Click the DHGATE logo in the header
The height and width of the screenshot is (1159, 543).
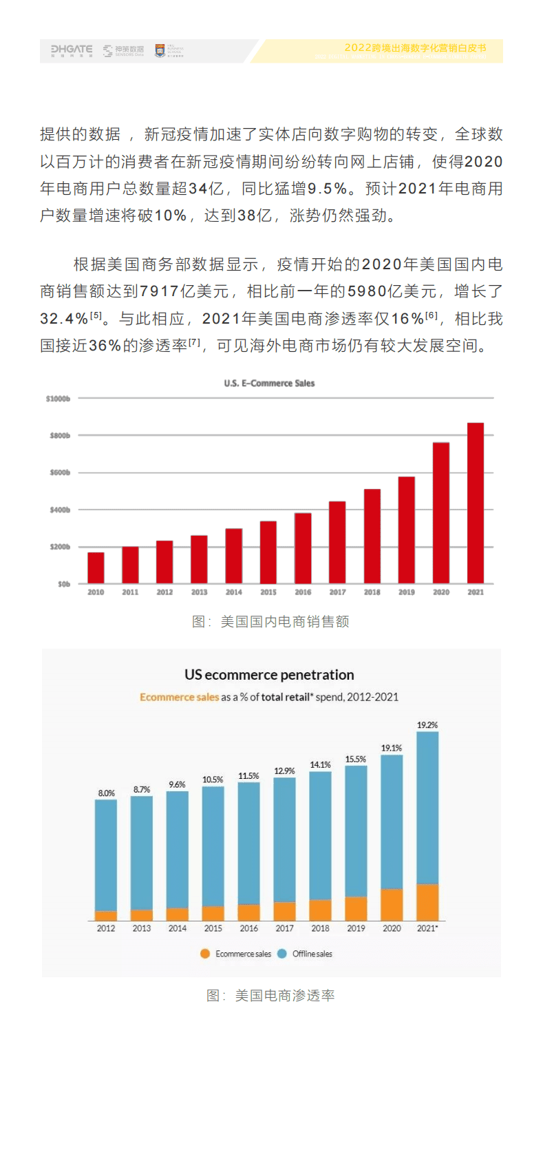(72, 50)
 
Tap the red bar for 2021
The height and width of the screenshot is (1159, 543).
(476, 503)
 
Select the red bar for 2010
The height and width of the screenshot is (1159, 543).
(96, 567)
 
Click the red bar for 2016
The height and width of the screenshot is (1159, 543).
(303, 548)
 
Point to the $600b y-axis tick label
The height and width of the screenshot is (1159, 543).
(60, 472)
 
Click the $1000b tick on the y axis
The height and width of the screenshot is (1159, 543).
(58, 399)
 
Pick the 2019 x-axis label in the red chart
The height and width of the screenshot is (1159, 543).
(407, 592)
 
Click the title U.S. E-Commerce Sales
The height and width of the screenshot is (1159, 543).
(269, 383)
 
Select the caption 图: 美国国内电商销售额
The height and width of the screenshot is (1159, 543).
(270, 622)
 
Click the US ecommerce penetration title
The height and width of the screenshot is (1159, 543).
(269, 675)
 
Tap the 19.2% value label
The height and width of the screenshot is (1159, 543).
(427, 725)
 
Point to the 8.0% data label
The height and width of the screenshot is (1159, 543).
(106, 793)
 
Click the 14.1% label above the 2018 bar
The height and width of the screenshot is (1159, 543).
(320, 765)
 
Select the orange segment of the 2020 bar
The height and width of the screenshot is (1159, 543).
(392, 904)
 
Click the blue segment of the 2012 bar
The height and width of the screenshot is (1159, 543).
(106, 854)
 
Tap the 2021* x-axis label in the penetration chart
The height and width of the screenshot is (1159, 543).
(427, 928)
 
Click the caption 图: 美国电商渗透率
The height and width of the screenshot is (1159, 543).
(270, 996)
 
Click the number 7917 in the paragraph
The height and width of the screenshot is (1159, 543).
(160, 292)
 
